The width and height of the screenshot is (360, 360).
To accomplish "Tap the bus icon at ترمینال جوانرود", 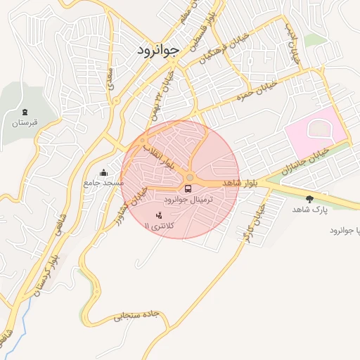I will [x=188, y=188].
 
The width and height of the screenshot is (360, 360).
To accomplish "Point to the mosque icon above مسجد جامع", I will [x=104, y=172].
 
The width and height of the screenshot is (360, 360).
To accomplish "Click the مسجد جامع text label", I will [x=103, y=183].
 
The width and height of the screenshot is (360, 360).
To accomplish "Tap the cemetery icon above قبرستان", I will [x=25, y=112].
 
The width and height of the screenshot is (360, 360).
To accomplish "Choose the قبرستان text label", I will [x=23, y=122].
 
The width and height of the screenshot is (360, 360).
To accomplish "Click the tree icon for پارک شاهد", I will [x=309, y=199].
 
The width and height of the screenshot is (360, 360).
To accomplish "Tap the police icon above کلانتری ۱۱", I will [x=158, y=214].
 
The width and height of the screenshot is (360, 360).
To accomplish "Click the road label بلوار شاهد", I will [x=241, y=183].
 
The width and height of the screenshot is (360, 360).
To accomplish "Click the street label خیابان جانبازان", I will [x=302, y=160].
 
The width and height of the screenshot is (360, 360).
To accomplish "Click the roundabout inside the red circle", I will [x=190, y=176].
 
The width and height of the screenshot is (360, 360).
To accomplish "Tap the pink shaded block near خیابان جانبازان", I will [x=314, y=132].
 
